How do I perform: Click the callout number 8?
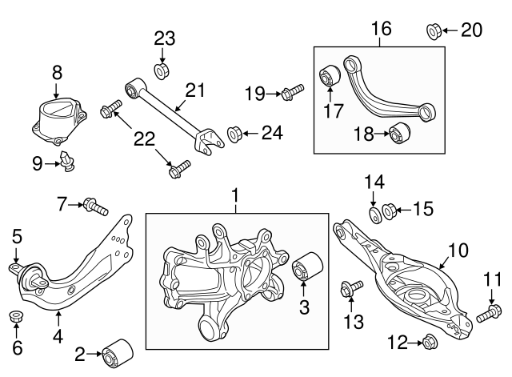pyautogui.click(x=57, y=73)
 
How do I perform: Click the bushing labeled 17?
pyautogui.click(x=330, y=78)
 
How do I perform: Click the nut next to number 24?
pyautogui.click(x=236, y=132)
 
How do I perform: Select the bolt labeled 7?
pyautogui.click(x=95, y=208)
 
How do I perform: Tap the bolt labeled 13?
pyautogui.click(x=351, y=287)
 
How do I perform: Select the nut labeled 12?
pyautogui.click(x=427, y=342)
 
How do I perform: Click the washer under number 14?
pyautogui.click(x=374, y=216)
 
